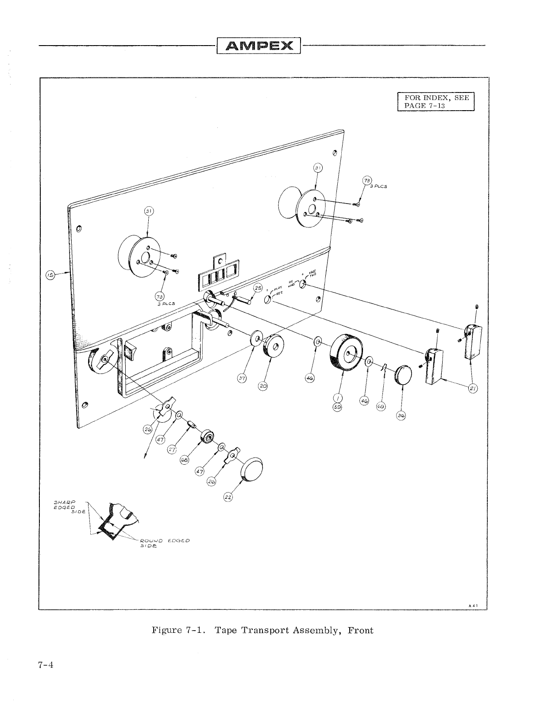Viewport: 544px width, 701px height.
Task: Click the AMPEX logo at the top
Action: (x=258, y=46)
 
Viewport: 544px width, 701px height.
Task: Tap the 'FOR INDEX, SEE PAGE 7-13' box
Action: (x=436, y=102)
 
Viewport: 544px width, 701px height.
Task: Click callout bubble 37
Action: (x=242, y=378)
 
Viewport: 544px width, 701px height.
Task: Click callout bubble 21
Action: (x=473, y=389)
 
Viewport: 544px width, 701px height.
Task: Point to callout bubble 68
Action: (x=184, y=460)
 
